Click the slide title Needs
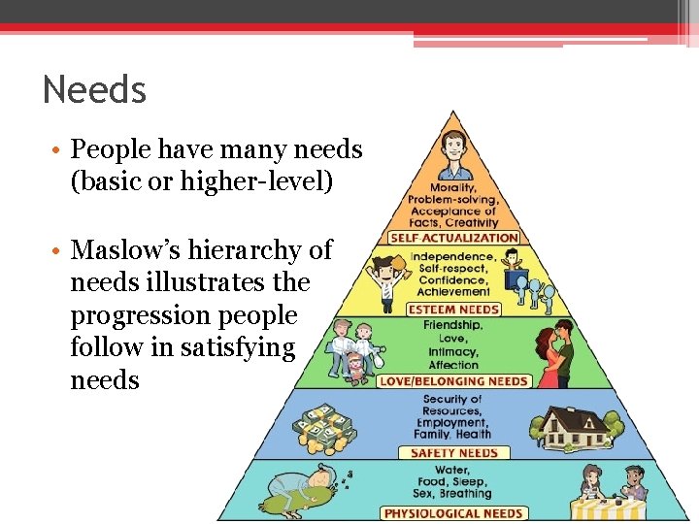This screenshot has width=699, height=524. pos(94,90)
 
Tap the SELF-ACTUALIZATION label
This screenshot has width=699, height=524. pos(453,237)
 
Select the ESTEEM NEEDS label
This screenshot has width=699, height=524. pos(452,310)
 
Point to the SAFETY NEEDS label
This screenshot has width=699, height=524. pos(453,452)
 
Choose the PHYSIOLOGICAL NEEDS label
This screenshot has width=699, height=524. pos(453,513)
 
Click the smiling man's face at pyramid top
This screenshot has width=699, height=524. pos(452,149)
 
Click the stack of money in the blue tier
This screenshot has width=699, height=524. pos(330,425)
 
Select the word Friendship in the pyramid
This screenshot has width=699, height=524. pos(452,325)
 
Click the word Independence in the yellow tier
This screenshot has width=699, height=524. pos(451,256)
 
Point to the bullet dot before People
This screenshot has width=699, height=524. pos(60,151)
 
